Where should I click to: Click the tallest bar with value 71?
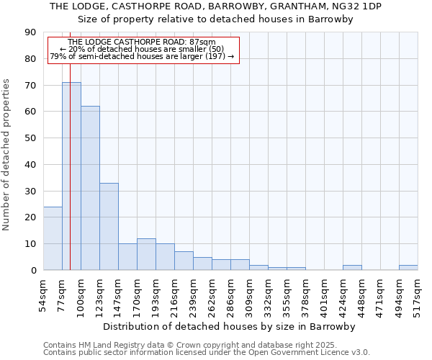click(x=71, y=176)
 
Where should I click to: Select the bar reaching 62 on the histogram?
click(x=90, y=188)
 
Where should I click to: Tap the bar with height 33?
click(x=109, y=227)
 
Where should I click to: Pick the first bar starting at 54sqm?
click(x=53, y=238)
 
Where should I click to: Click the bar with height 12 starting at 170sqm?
click(x=146, y=254)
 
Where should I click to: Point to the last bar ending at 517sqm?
click(x=408, y=268)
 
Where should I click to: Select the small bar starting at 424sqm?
click(x=352, y=268)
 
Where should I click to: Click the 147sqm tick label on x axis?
click(x=119, y=295)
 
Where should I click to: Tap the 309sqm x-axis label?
click(x=250, y=295)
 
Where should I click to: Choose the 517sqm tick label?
click(x=418, y=295)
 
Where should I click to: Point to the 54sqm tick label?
click(x=44, y=295)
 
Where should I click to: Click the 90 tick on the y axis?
click(x=30, y=32)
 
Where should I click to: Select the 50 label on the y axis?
click(x=30, y=138)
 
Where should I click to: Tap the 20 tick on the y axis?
click(x=30, y=217)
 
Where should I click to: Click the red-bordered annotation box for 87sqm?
click(x=143, y=50)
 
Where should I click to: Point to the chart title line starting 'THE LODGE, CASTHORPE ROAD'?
click(x=216, y=6)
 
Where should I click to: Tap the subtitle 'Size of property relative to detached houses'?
click(x=216, y=19)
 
